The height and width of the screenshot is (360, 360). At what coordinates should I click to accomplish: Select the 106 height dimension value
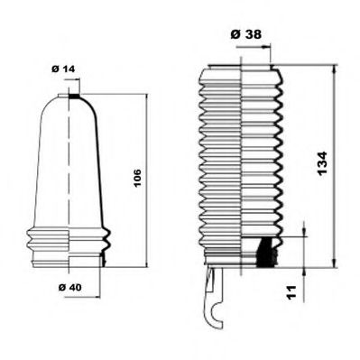tap(137, 177)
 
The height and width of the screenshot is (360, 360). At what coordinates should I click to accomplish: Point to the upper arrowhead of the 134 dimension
tap(335, 69)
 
